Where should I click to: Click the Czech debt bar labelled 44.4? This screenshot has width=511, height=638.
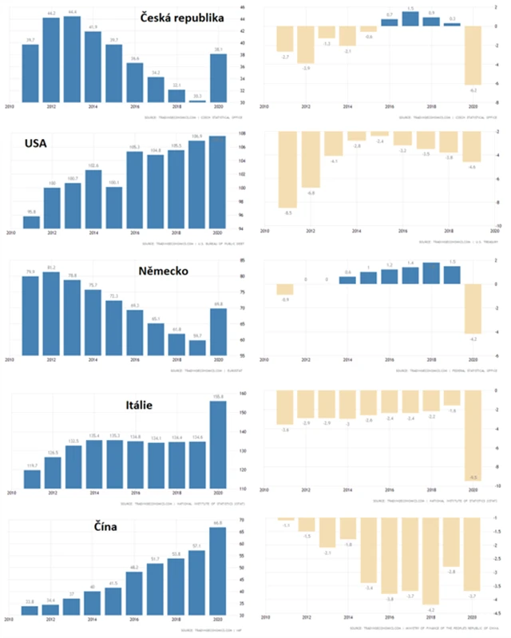(72, 59)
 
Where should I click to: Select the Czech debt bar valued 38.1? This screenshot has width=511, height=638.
(219, 78)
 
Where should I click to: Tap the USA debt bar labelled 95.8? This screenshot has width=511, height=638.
(31, 223)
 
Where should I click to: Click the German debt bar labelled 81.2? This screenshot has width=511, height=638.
(52, 315)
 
